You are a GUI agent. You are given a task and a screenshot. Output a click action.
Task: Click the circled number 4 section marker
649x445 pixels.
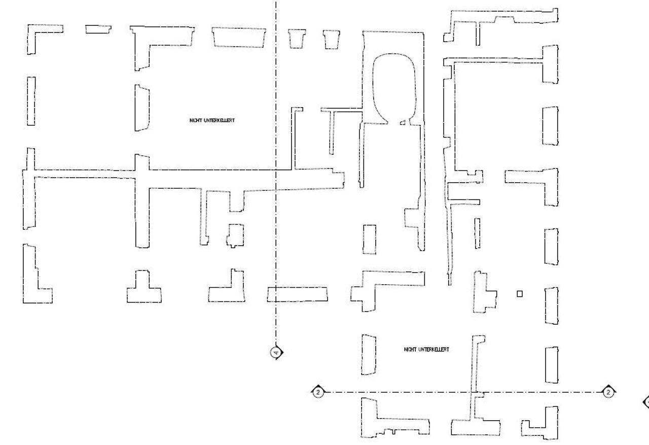coord(276,352)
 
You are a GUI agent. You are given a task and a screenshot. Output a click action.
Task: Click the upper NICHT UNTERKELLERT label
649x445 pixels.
coord(212,120)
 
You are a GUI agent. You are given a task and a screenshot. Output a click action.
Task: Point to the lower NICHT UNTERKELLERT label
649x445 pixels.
coord(426,349)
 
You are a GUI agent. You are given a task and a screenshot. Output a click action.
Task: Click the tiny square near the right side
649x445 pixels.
coord(519,293)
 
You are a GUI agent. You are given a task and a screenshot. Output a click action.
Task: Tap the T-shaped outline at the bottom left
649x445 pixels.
coord(144,290)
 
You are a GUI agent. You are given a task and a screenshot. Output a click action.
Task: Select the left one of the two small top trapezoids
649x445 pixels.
coord(297,39)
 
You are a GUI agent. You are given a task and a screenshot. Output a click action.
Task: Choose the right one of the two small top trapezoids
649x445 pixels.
coord(332,39)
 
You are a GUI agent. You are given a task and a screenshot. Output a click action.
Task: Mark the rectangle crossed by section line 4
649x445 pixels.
coord(297,294)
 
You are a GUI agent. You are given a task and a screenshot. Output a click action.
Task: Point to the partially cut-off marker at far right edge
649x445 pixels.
coord(646,402)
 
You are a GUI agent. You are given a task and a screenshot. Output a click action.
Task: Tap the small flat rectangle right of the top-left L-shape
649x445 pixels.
coord(98,29)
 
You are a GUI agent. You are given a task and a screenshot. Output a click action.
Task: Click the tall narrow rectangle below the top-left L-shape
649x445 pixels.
coord(31,101)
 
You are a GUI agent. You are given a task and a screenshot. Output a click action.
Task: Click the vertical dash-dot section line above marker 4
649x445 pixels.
coord(276,152)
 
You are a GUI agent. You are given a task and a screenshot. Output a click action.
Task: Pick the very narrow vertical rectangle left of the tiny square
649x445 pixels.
coord(477,233)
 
